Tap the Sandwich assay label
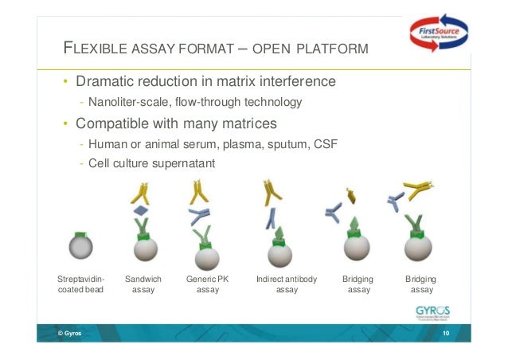(143, 285)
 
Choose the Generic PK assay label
(207, 285)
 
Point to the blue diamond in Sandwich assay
(140, 210)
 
